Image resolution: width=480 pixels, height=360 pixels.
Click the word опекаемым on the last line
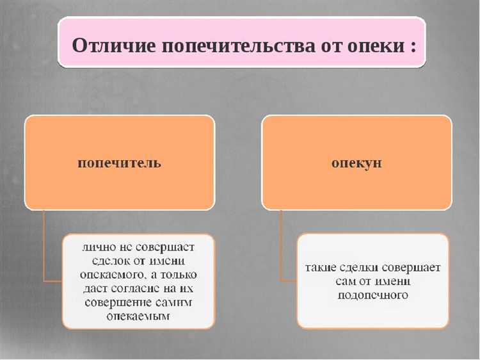138,316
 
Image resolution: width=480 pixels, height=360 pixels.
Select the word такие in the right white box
322,267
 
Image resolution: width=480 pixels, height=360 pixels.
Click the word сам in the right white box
346,281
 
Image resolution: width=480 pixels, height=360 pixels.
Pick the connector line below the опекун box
281,240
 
